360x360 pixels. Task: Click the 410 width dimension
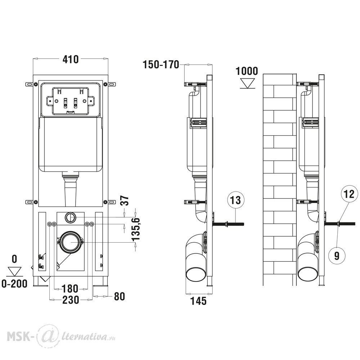click(71, 59)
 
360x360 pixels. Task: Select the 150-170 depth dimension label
click(161, 64)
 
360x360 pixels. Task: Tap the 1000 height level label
click(247, 71)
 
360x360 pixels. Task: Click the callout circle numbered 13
click(235, 200)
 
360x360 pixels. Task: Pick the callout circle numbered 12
click(349, 194)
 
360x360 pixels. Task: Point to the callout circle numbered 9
click(337, 255)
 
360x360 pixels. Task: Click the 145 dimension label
click(199, 301)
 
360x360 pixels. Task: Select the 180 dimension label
click(71, 289)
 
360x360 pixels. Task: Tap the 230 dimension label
click(71, 300)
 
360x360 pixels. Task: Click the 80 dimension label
click(120, 296)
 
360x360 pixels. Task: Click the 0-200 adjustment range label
click(14, 284)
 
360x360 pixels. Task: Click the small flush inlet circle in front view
click(70, 217)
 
